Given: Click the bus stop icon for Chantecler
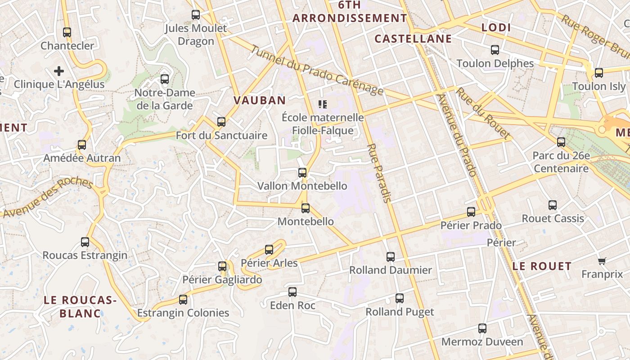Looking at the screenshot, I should (67, 32).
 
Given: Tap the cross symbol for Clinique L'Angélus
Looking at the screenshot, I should (59, 71).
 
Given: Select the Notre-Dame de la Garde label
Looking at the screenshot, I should (165, 99).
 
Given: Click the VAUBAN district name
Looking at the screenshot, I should (260, 100).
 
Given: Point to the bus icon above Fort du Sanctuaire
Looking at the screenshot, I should (221, 122).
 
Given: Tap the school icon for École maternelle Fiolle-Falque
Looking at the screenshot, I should (322, 104).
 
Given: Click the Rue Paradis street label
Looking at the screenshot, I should (379, 173).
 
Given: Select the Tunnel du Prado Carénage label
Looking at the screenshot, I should (317, 71).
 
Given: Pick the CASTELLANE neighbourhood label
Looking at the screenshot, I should (413, 39).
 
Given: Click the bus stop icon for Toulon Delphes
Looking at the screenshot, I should (495, 50).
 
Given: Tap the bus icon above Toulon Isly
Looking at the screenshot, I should (599, 73).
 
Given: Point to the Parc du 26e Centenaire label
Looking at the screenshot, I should (561, 162).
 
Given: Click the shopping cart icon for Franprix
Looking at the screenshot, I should (602, 261).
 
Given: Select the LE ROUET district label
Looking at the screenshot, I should (542, 266).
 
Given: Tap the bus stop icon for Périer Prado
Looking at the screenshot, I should (471, 212).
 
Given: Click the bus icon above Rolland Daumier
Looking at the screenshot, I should (391, 257).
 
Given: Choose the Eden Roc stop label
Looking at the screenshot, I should (292, 306).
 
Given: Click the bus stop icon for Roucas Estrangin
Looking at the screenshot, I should (85, 242).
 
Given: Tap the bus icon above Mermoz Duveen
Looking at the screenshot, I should (482, 328).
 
